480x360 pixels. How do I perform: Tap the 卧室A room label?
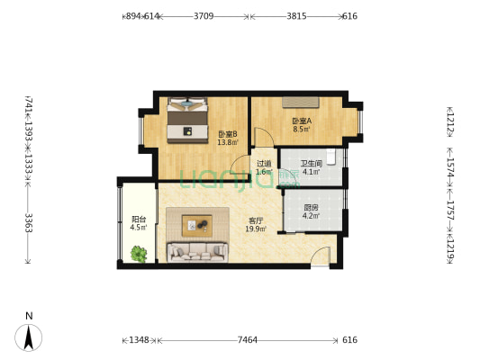tap(301, 121)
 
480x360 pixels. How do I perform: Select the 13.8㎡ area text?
tap(227, 142)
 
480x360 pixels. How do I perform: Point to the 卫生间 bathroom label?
tap(311, 163)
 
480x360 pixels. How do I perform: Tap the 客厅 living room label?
tap(256, 220)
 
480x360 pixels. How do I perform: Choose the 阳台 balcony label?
tap(139, 219)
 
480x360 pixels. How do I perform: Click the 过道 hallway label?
tap(263, 163)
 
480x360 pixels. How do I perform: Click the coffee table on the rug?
tap(197, 224)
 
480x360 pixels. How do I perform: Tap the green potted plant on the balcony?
tap(139, 254)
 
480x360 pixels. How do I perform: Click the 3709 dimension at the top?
tap(204, 16)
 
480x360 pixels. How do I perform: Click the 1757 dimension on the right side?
tap(449, 216)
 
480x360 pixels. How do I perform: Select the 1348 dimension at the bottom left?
tap(138, 340)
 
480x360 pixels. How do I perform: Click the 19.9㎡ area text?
tap(256, 229)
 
